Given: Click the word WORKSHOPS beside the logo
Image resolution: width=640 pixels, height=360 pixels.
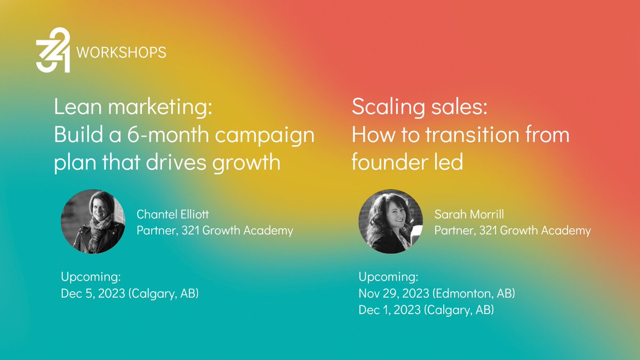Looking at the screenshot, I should pos(122,52).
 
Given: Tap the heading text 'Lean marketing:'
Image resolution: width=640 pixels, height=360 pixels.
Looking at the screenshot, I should pos(133,109).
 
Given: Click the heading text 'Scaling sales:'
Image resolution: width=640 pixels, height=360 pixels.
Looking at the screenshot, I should pos(419,109).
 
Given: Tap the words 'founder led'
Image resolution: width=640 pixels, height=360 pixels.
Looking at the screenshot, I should pos(407,162).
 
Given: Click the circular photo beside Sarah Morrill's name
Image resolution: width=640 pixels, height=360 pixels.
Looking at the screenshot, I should pos(390,221).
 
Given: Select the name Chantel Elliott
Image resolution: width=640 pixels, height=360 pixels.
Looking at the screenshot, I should pos(172,214).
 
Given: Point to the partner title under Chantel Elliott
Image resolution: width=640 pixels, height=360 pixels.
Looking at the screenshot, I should pos(214,230).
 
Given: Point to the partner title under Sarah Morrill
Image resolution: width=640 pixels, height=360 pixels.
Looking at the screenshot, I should pos(512,230).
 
